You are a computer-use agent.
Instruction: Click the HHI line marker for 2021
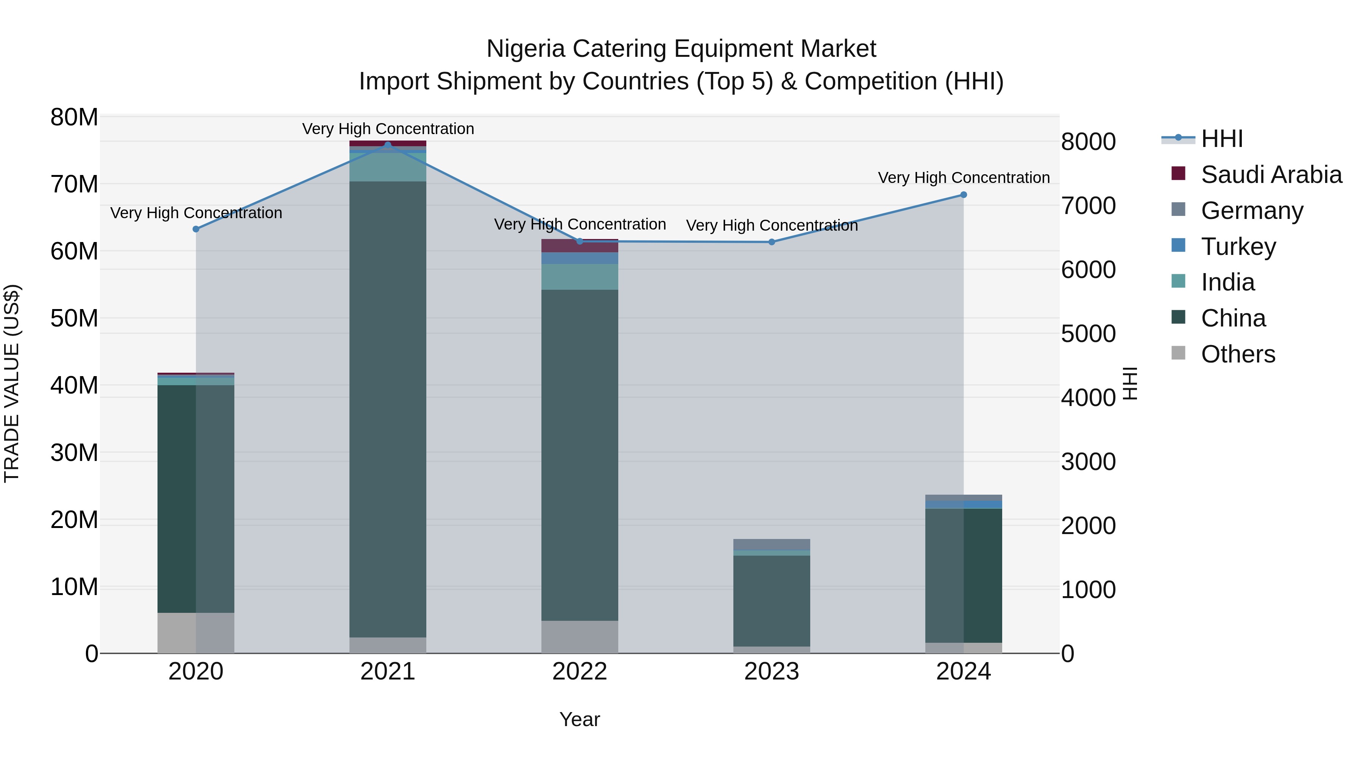pos(387,145)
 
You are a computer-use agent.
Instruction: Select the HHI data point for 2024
pos(964,195)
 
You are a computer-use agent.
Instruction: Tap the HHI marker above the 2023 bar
pos(772,242)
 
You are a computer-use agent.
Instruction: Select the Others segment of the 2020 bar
pos(196,633)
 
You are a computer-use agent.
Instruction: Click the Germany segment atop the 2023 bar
pos(772,544)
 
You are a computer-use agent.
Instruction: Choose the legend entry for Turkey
pos(1238,247)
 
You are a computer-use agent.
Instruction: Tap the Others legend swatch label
pos(1238,354)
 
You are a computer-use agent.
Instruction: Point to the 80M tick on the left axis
pos(74,117)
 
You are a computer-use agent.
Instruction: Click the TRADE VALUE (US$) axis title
pos(12,383)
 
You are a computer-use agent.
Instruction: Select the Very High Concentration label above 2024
pos(964,178)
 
